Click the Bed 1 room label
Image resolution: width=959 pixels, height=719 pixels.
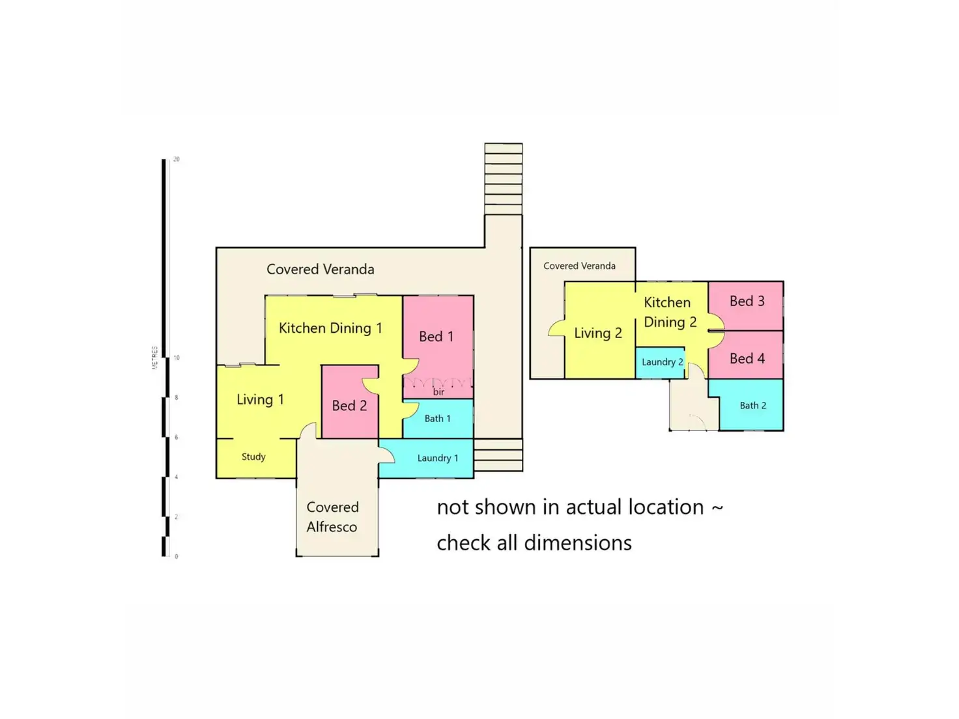click(436, 337)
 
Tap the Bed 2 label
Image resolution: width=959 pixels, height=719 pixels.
click(349, 406)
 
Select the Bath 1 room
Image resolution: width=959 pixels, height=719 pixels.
click(437, 419)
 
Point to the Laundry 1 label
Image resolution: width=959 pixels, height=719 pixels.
click(437, 458)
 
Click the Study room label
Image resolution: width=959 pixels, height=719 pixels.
click(253, 457)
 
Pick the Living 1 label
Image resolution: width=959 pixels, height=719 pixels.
click(260, 400)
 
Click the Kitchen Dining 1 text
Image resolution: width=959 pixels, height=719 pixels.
click(330, 328)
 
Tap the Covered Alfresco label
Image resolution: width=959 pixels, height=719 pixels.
click(332, 517)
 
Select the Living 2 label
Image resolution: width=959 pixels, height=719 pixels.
click(597, 333)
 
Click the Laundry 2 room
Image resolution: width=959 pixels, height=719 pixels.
click(662, 362)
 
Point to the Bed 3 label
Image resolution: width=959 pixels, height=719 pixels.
click(747, 302)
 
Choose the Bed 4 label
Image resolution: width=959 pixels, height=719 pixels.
click(747, 359)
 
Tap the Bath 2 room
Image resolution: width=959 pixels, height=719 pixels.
click(752, 406)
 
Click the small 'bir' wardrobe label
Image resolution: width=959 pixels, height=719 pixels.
click(438, 392)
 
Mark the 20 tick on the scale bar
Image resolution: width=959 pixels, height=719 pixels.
click(176, 160)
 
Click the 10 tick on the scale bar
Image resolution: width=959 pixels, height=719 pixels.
click(176, 358)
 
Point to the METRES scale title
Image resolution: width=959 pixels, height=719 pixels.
click(155, 358)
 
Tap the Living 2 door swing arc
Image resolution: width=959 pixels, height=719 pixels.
click(556, 328)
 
